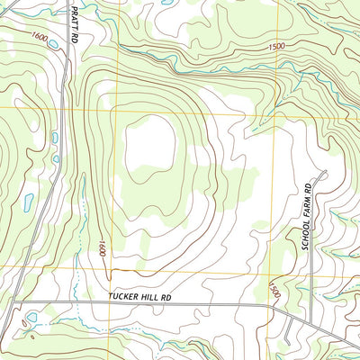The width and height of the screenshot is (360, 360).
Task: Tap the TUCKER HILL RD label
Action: [139, 296]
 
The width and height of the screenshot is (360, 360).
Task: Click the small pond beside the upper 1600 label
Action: [54, 43]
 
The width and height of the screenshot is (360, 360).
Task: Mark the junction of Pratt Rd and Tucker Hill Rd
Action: [16, 302]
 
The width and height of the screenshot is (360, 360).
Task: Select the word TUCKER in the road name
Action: [121, 296]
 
